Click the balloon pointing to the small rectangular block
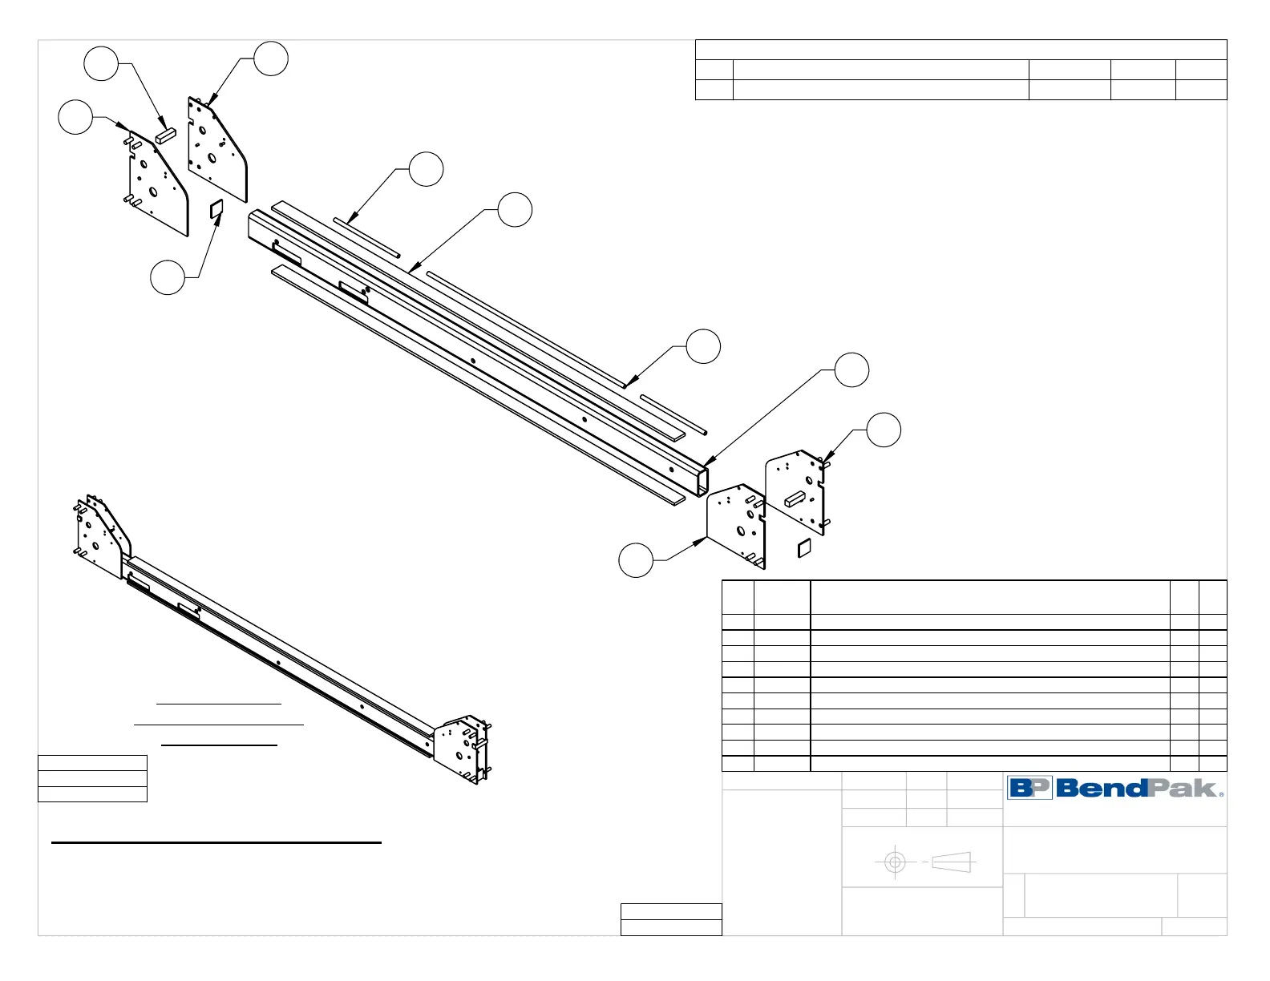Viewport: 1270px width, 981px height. pyautogui.click(x=102, y=63)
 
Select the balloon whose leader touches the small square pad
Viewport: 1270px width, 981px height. pyautogui.click(x=168, y=277)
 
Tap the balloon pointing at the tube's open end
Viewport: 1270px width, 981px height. pyautogui.click(x=851, y=369)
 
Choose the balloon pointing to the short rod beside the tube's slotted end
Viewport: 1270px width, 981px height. pyautogui.click(x=426, y=169)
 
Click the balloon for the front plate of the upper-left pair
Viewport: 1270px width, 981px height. pyautogui.click(x=75, y=117)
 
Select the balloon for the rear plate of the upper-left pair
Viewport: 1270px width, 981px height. pyautogui.click(x=271, y=59)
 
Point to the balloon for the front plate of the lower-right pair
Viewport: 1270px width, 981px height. pyautogui.click(x=636, y=559)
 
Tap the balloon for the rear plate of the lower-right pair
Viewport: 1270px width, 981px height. pyautogui.click(x=884, y=430)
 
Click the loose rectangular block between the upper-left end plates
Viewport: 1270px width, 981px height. pyautogui.click(x=165, y=134)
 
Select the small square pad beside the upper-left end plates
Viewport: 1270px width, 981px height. pyautogui.click(x=216, y=210)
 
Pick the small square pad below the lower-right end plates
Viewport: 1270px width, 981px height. pyautogui.click(x=803, y=548)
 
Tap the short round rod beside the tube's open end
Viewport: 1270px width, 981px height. pyautogui.click(x=673, y=414)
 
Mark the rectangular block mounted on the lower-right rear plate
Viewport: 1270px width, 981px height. pyautogui.click(x=794, y=499)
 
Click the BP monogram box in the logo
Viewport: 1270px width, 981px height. pyautogui.click(x=1029, y=788)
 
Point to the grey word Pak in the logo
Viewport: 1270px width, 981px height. pyautogui.click(x=1183, y=789)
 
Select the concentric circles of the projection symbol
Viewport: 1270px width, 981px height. pyautogui.click(x=895, y=862)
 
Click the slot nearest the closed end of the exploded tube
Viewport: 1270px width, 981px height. pyautogui.click(x=287, y=255)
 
